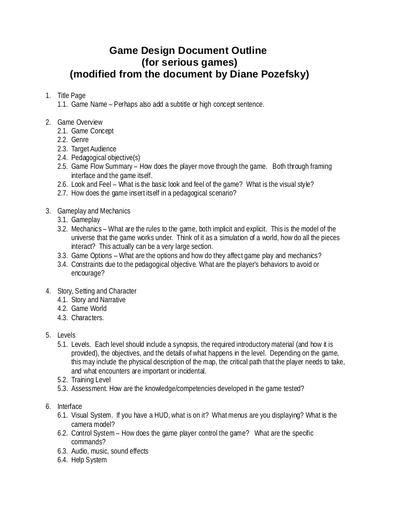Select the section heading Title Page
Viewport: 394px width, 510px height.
pyautogui.click(x=71, y=95)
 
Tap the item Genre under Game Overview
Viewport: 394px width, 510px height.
pyautogui.click(x=80, y=140)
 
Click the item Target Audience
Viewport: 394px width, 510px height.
pyautogui.click(x=94, y=149)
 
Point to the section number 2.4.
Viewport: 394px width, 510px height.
pyautogui.click(x=63, y=158)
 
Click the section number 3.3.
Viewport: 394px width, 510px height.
pyautogui.click(x=63, y=256)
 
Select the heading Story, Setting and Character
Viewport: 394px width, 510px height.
pyautogui.click(x=97, y=291)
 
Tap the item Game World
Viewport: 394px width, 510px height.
pyautogui.click(x=89, y=308)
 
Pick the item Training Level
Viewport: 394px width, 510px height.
pyautogui.click(x=91, y=380)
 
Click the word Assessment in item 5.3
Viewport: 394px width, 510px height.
pyautogui.click(x=88, y=388)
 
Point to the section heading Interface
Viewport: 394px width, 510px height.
pyautogui.click(x=70, y=406)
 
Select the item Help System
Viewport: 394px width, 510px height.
pyautogui.click(x=89, y=460)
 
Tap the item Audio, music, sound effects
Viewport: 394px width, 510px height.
pyautogui.click(x=110, y=451)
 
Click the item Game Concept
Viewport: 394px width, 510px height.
pyautogui.click(x=92, y=131)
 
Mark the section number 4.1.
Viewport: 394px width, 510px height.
pyautogui.click(x=63, y=300)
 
